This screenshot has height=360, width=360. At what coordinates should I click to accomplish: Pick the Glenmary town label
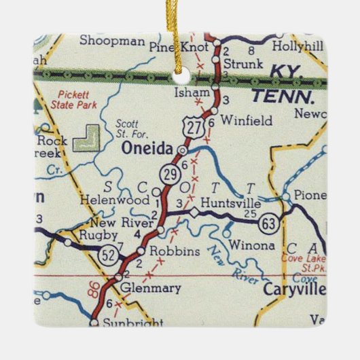[150, 288]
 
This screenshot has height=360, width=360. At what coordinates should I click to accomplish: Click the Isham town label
[190, 90]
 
